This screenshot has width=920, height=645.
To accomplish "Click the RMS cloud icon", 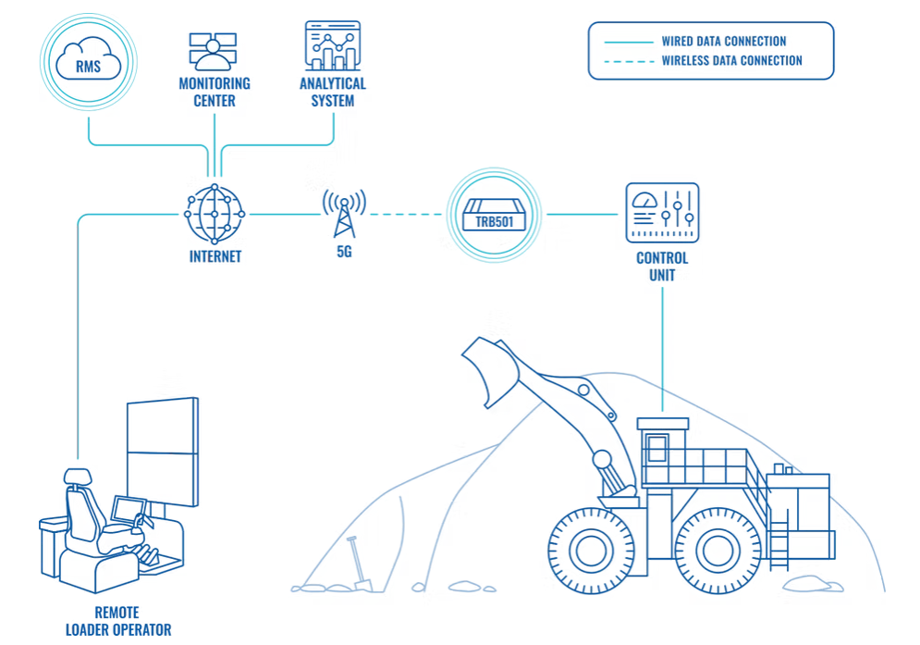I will point(89,62).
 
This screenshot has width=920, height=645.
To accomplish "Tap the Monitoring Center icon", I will point(214,51).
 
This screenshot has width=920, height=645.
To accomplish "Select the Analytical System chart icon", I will point(332,46).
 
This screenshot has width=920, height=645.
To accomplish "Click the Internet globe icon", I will point(214,214).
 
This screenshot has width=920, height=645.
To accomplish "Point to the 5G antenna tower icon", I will point(344,214).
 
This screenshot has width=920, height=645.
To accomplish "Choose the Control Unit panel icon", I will point(662,213).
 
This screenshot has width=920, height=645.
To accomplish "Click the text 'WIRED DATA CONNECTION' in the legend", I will point(723,42).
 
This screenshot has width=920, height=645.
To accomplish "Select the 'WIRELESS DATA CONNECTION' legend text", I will point(731,61).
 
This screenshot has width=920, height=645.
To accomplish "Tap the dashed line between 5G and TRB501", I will point(407,215).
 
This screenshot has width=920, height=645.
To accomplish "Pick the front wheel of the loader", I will point(590,550).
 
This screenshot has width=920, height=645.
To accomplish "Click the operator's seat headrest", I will point(78,478).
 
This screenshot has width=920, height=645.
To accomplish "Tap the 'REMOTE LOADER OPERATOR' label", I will point(118,621).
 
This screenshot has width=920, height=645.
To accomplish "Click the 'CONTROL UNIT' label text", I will point(662,267).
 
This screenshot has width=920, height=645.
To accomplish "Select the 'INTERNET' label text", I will point(215,256).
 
